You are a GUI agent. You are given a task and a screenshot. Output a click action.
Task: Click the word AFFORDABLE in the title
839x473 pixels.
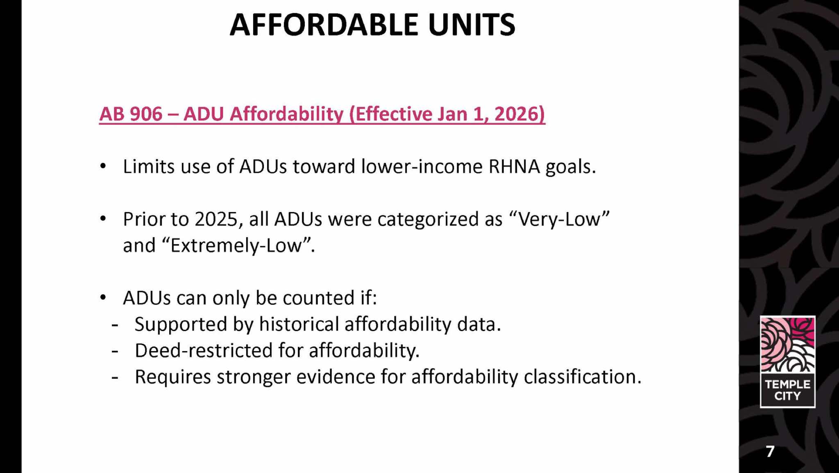tap(324, 25)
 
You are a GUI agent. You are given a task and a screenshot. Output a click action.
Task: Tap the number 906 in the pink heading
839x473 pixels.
tap(146, 114)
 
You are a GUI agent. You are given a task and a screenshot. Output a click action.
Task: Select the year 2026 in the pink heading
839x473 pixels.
tap(518, 114)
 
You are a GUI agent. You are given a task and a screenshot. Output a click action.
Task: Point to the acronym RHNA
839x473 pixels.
tap(514, 167)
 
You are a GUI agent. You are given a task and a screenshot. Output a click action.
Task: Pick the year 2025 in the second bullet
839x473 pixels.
tap(216, 219)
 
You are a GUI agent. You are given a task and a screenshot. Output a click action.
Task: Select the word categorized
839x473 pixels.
tap(428, 220)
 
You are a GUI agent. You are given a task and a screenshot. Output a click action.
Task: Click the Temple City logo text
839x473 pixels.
tap(787, 390)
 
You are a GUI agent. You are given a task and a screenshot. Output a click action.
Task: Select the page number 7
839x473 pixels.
tap(770, 451)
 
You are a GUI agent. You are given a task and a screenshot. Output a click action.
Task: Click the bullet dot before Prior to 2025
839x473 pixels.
tap(103, 219)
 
